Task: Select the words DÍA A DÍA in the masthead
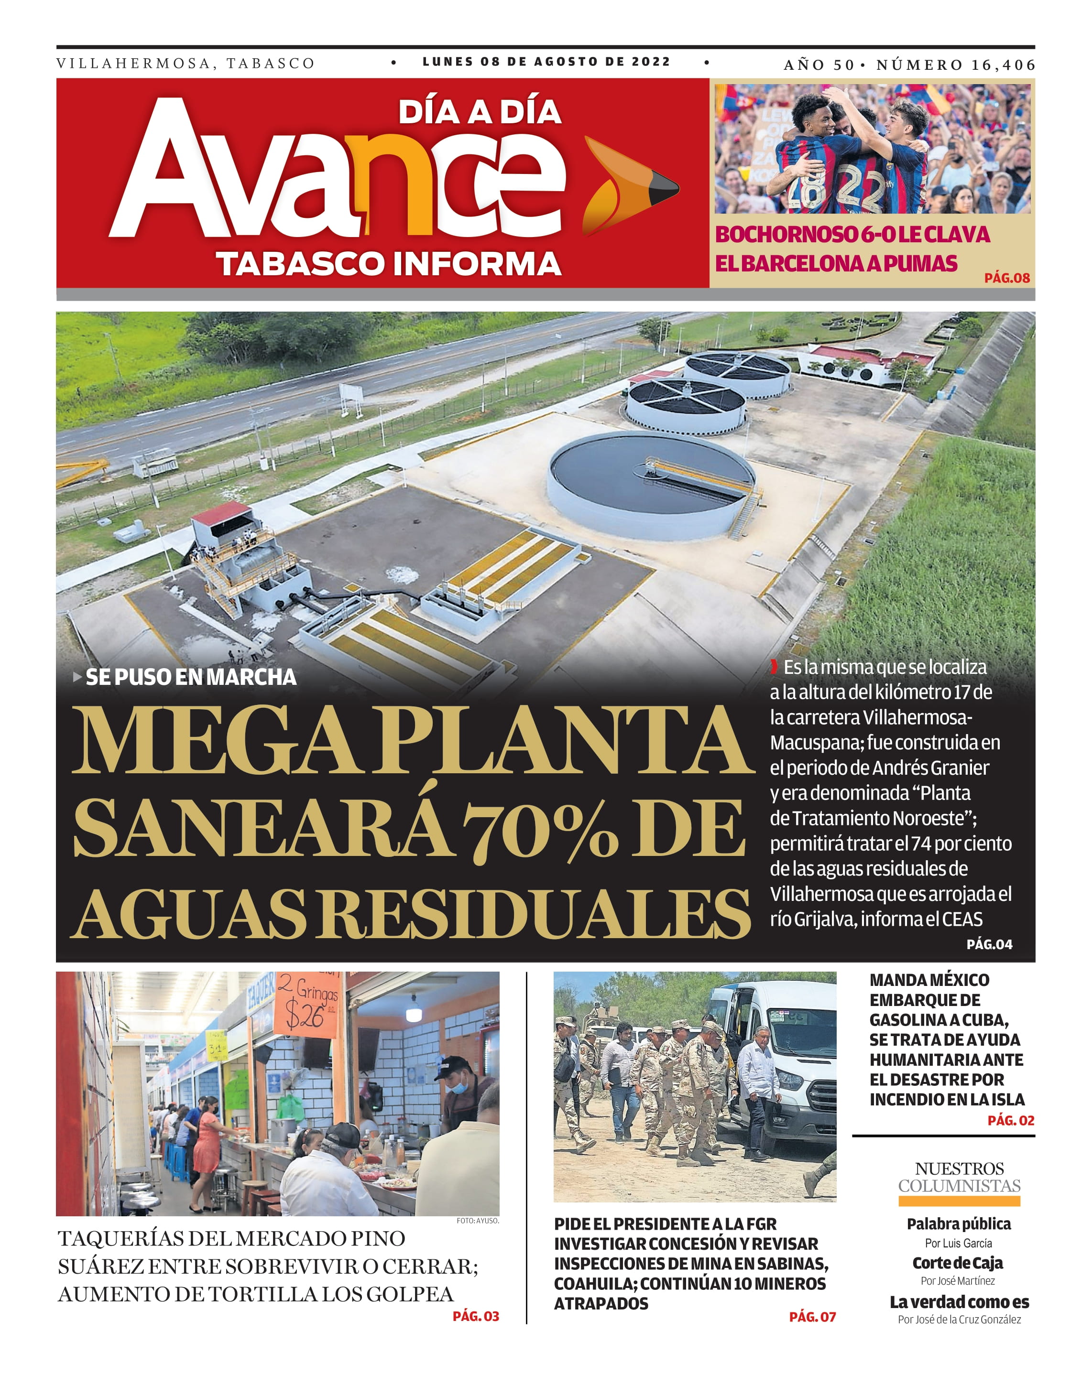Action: [480, 112]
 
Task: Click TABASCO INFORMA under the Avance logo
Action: [388, 264]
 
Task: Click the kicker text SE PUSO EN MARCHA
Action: [191, 677]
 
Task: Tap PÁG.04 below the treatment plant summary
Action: [989, 944]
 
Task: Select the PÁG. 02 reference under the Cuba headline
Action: [1010, 1120]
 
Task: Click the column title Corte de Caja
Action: [958, 1263]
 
